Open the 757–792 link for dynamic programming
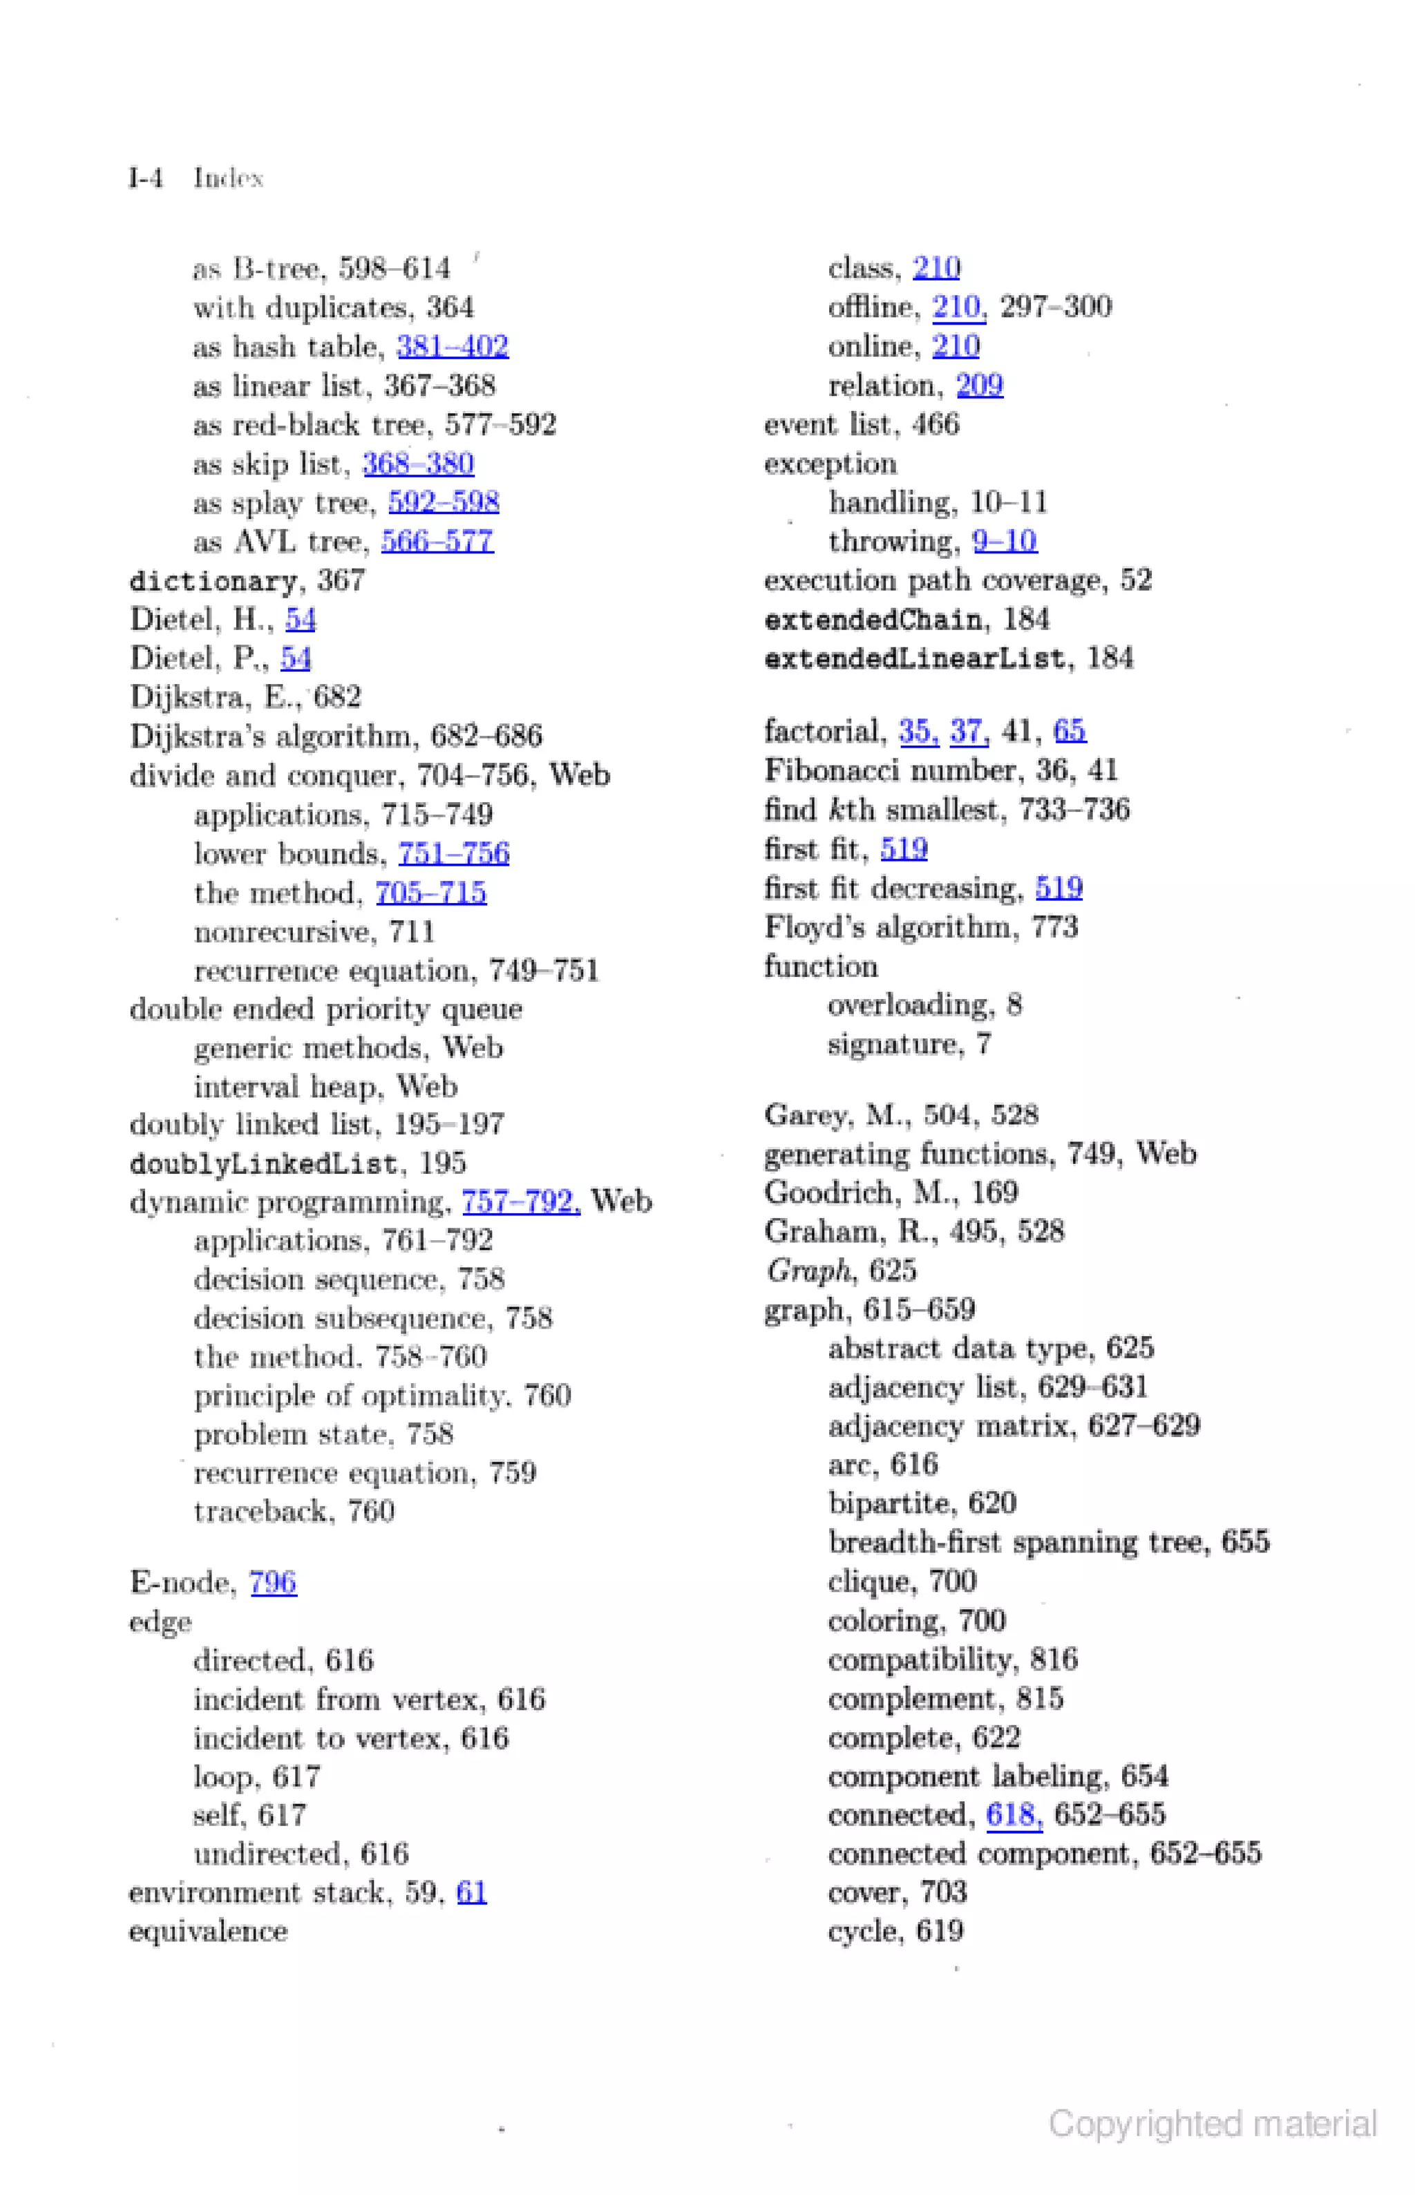click(520, 1201)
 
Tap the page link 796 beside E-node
click(273, 1582)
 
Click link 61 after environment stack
click(471, 1892)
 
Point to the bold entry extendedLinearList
click(914, 658)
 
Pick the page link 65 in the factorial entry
click(1070, 732)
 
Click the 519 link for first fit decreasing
click(1058, 888)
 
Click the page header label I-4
click(146, 178)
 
